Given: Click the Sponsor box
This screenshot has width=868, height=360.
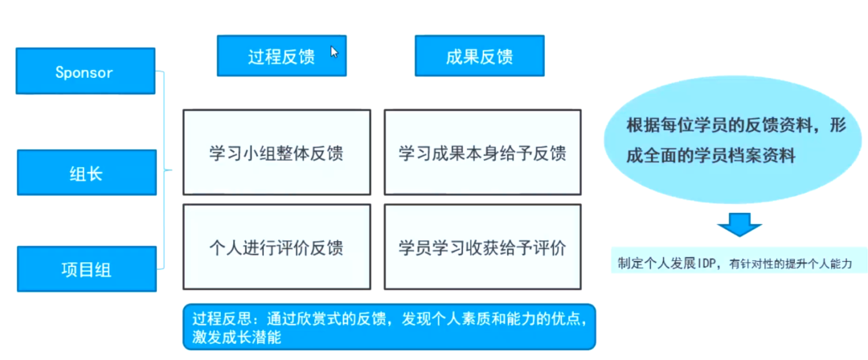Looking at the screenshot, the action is pos(84,72).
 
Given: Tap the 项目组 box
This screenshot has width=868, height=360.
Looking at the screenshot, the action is pos(84,269).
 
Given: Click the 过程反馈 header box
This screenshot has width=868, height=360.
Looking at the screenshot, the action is pos(281,55).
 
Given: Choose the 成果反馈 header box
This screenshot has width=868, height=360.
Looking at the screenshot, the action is pos(479,55).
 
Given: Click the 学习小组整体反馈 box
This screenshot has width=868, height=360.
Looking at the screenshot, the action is pos(276,153).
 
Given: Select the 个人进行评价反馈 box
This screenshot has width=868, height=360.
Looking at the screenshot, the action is pos(276,247).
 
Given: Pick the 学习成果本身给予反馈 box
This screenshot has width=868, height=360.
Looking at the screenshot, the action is pos(481,153).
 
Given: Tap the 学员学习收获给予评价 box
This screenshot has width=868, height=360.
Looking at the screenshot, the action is pos(481,247).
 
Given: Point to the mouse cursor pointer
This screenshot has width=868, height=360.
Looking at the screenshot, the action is pos(334,52).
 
